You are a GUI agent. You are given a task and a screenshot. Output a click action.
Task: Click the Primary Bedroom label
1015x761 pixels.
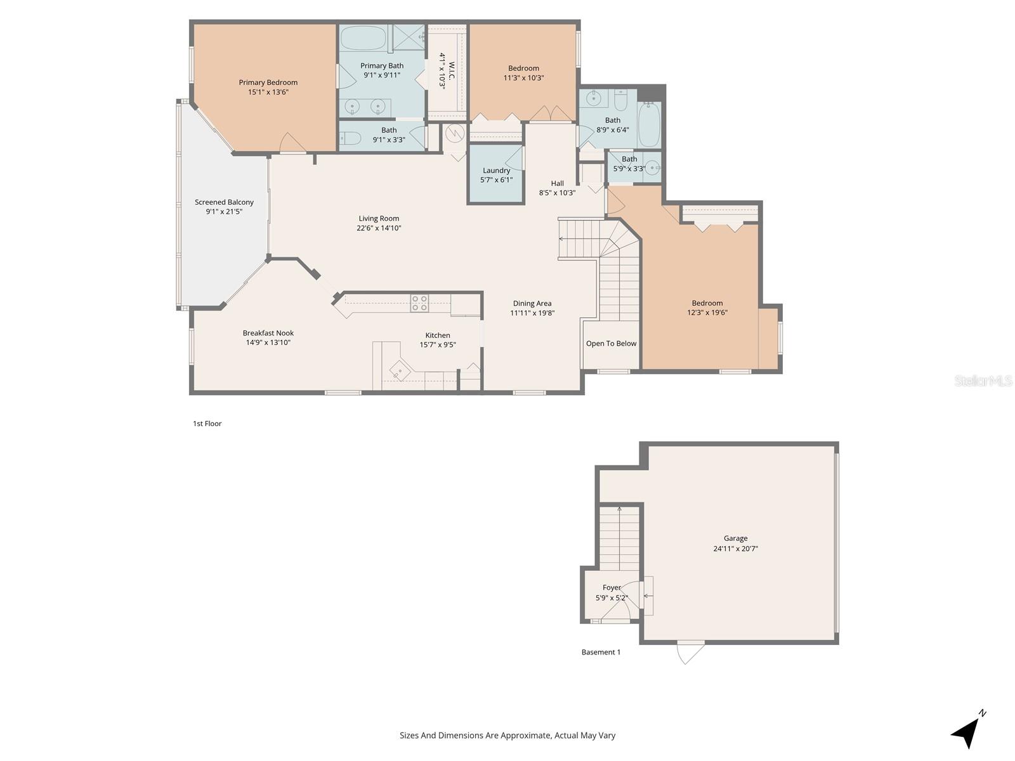pos(268,82)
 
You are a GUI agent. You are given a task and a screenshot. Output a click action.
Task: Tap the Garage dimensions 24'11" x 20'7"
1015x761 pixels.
pos(735,549)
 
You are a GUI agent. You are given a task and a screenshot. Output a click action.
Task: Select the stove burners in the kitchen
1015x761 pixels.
pos(419,303)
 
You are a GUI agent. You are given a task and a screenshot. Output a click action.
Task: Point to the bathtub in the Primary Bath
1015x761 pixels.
pos(363,38)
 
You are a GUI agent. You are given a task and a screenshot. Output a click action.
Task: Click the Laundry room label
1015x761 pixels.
pos(496,171)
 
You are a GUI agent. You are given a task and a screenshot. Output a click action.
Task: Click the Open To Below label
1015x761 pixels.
pos(611,344)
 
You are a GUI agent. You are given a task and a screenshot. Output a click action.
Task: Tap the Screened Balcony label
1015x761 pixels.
pos(224,202)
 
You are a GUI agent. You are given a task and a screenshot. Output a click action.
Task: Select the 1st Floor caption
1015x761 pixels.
pos(207,424)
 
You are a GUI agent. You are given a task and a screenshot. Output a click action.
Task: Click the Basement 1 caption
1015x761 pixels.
pos(601,652)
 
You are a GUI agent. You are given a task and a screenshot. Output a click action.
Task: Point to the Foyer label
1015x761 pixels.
pos(612,588)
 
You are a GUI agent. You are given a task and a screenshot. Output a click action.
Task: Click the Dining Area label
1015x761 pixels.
pos(532,303)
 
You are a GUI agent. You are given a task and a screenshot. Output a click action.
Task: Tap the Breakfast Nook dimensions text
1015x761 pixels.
pos(268,342)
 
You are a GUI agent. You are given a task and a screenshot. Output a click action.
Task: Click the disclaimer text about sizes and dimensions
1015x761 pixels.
pos(507,736)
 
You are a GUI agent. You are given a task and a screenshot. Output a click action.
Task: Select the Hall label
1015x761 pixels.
pos(557,183)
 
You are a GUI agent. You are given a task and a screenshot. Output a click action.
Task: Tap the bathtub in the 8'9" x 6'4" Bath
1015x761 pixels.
pos(649,124)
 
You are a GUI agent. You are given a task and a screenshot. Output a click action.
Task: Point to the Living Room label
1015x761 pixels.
pos(379,219)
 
